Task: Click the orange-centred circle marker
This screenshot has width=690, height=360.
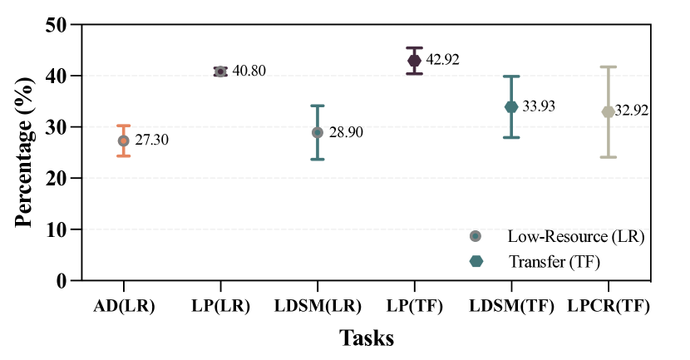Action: coord(123,141)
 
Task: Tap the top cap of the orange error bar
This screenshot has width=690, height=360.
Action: coord(123,126)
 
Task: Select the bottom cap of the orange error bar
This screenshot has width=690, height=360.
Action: coord(123,155)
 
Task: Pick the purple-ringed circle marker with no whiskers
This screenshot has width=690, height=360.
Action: coord(220,72)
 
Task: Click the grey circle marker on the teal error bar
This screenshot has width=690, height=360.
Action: coord(318,132)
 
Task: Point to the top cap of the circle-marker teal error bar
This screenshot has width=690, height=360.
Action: coord(318,106)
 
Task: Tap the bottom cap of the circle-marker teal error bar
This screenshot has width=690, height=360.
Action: coord(318,159)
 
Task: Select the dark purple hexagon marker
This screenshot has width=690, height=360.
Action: coord(414,61)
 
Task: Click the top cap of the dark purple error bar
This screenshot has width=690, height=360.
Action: coord(414,47)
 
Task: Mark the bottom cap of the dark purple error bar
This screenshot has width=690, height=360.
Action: coord(414,74)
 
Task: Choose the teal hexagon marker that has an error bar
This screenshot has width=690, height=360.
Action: coord(511,106)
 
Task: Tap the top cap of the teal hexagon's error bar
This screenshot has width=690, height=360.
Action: coord(511,76)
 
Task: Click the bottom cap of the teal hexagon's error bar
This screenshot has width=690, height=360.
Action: coord(511,137)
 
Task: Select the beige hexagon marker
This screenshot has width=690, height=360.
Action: coord(609,111)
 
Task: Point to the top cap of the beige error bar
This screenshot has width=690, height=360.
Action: coord(609,67)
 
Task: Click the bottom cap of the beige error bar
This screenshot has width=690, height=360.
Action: coord(609,156)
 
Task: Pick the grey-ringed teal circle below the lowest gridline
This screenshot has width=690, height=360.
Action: coord(476,236)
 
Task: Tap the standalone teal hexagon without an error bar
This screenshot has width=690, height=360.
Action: coord(476,261)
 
